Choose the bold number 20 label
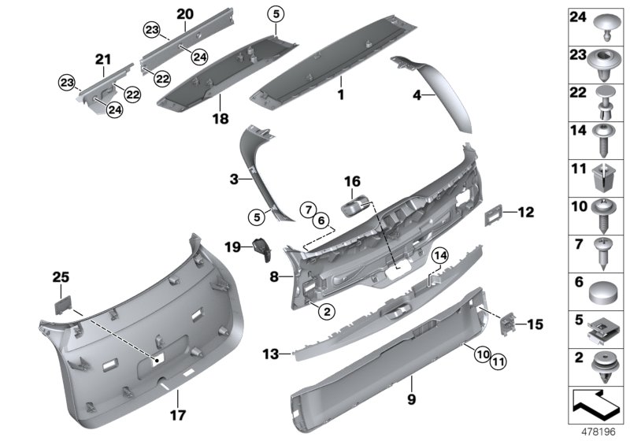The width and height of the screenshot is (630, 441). coord(184,14)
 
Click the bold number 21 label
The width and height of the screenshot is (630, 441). coord(103,59)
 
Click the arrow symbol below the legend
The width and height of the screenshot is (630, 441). coord(596,406)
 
